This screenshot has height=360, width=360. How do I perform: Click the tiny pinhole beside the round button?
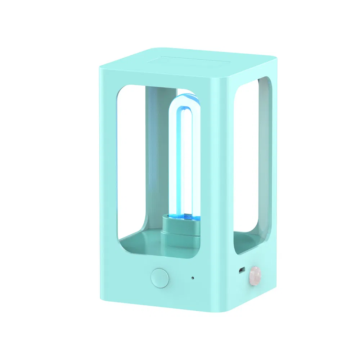pyautogui.click(x=193, y=278)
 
